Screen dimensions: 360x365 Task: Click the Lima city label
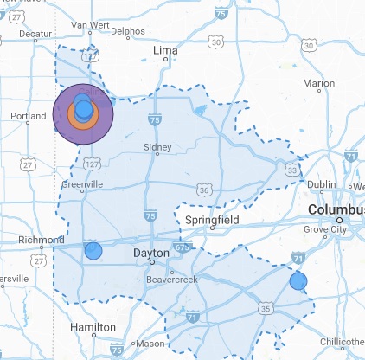[x=164, y=52]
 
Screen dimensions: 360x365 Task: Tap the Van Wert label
[x=86, y=26]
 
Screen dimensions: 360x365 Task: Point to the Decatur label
[x=36, y=34]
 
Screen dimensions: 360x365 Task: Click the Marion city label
[x=319, y=84]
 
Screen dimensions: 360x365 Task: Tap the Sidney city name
[x=157, y=147]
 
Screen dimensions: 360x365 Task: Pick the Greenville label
[x=82, y=184]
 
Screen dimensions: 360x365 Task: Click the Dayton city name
[x=151, y=254]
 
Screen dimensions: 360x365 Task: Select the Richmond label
[x=41, y=240]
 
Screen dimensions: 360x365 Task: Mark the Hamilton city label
[x=93, y=327]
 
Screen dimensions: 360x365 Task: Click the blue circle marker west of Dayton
[x=93, y=251]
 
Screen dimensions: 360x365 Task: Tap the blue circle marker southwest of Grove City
[x=298, y=280]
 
